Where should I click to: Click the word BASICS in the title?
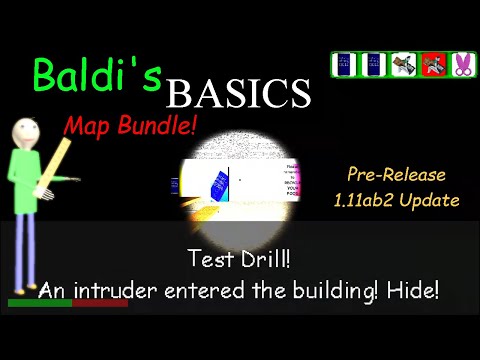(x=238, y=94)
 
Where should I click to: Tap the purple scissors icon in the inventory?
(x=462, y=65)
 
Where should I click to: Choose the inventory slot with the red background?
(x=433, y=65)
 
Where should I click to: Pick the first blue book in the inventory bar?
(x=345, y=65)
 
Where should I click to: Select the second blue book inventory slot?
(x=374, y=65)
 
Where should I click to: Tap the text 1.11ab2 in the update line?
(x=370, y=200)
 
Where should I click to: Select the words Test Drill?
(x=239, y=259)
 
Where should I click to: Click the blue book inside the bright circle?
(x=219, y=185)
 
